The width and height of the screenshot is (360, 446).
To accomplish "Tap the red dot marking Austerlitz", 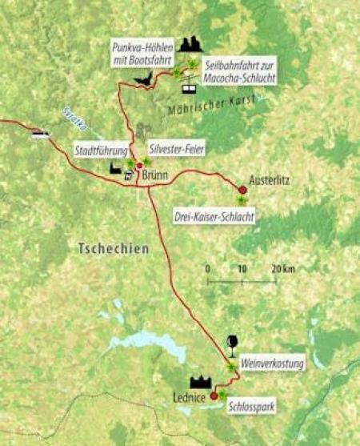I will [242, 190].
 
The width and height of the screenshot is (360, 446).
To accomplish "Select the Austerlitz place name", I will [269, 179].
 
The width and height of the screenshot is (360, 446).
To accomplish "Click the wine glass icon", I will [232, 344].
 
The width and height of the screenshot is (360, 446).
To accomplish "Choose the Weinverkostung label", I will [272, 364].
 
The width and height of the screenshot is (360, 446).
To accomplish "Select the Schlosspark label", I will [252, 407].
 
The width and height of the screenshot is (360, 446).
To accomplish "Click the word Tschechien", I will [114, 249].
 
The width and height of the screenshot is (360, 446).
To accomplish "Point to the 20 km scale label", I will [283, 268].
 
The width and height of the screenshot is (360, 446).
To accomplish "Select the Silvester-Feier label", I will [176, 149].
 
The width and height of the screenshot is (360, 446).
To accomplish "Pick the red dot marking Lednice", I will [214, 395].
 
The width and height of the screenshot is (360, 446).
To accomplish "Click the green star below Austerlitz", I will [241, 200].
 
